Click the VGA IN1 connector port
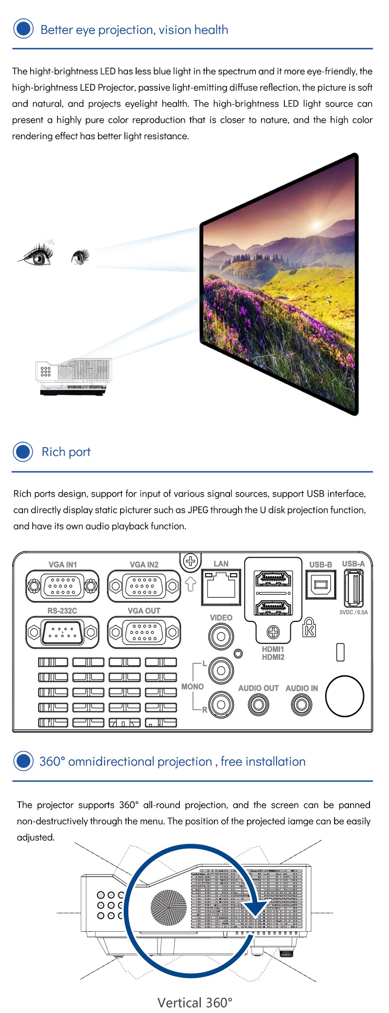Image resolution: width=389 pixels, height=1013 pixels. pos(62,586)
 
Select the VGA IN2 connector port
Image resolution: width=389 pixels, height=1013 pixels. pos(144,586)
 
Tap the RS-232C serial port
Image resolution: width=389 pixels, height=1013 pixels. pos(62,633)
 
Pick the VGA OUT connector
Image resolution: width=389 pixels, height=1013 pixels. pos(144,633)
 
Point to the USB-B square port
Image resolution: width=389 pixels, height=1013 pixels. pos(321,585)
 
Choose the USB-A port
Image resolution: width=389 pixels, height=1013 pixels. pos(354,588)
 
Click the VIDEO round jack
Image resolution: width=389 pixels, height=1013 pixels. pos(221,636)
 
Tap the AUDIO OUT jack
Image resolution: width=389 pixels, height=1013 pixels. pos(258,705)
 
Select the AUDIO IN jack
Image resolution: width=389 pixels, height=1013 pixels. pos(302,705)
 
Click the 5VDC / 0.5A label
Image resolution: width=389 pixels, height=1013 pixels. pos(354,612)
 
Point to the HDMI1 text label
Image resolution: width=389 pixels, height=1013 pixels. pos(273,649)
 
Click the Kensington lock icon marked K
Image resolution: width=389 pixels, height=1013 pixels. pos(309,627)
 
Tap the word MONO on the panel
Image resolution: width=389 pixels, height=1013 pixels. pos(192,687)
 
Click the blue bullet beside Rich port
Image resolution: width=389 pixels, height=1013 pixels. pos(23,452)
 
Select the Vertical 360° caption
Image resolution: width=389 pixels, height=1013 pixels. pos(195,1003)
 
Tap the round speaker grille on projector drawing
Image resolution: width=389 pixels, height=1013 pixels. pos(169,908)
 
